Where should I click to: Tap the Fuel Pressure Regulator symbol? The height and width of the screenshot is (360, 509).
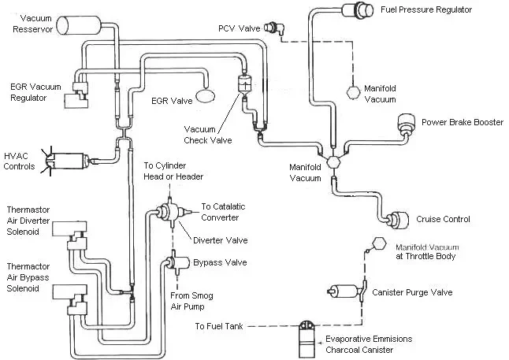[x=365, y=11]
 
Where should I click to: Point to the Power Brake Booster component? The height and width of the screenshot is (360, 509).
[x=407, y=124]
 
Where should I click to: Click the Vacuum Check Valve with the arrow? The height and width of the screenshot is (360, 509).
[x=243, y=84]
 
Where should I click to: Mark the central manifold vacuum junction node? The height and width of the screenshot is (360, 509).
[x=333, y=161]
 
